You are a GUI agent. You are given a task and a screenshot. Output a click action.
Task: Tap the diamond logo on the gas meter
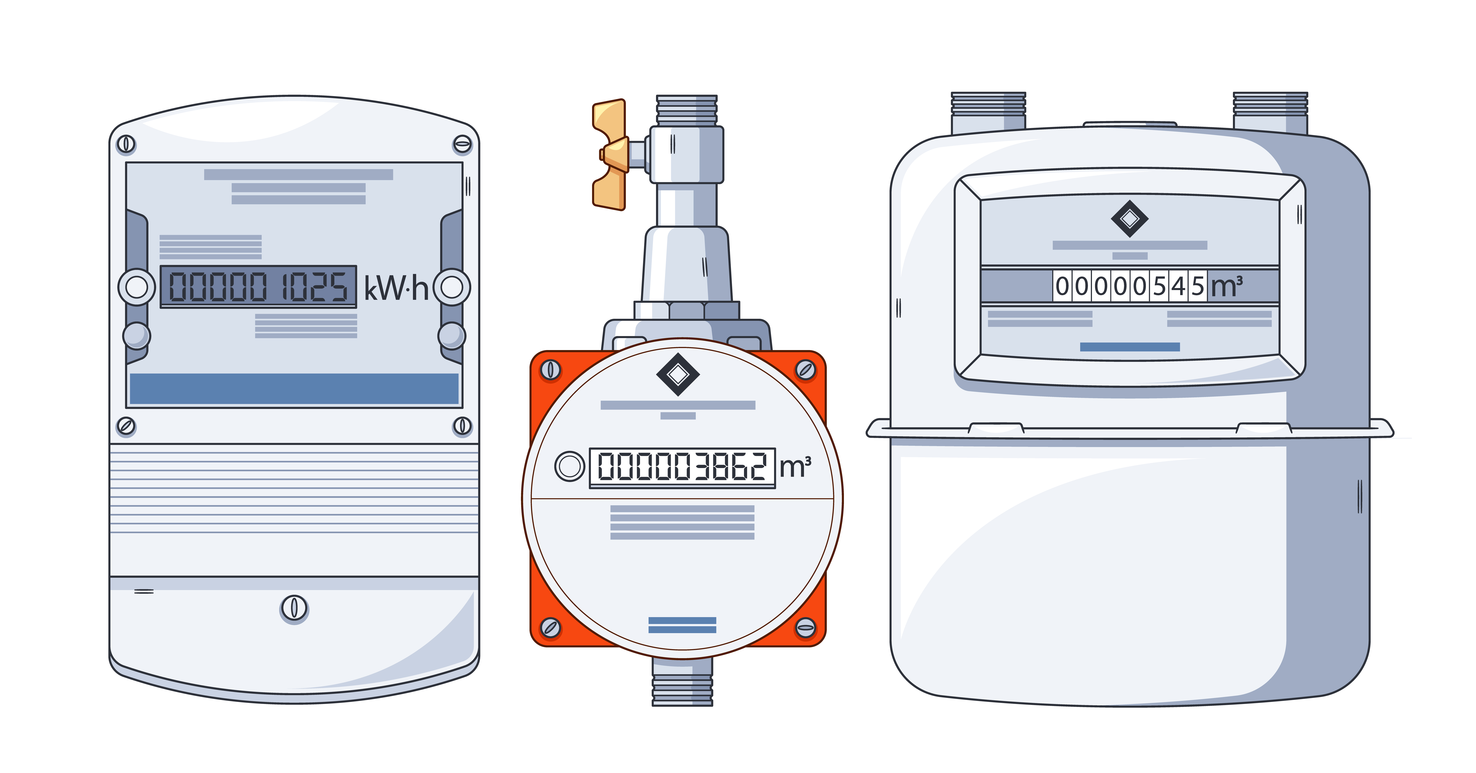pos(1129,218)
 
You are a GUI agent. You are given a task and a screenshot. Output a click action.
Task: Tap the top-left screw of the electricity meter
pos(126,144)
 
